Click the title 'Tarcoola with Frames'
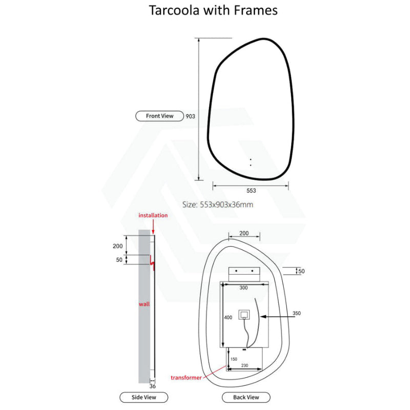coord(213,11)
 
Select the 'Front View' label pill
coord(159,116)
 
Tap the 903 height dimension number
coord(190,116)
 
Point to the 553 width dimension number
coord(251,191)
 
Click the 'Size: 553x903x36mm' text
coord(218,204)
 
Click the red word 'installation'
coord(153,215)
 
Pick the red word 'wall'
coord(144,304)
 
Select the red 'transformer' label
coord(186,378)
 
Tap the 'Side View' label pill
coord(144,397)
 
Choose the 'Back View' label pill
coord(246,397)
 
